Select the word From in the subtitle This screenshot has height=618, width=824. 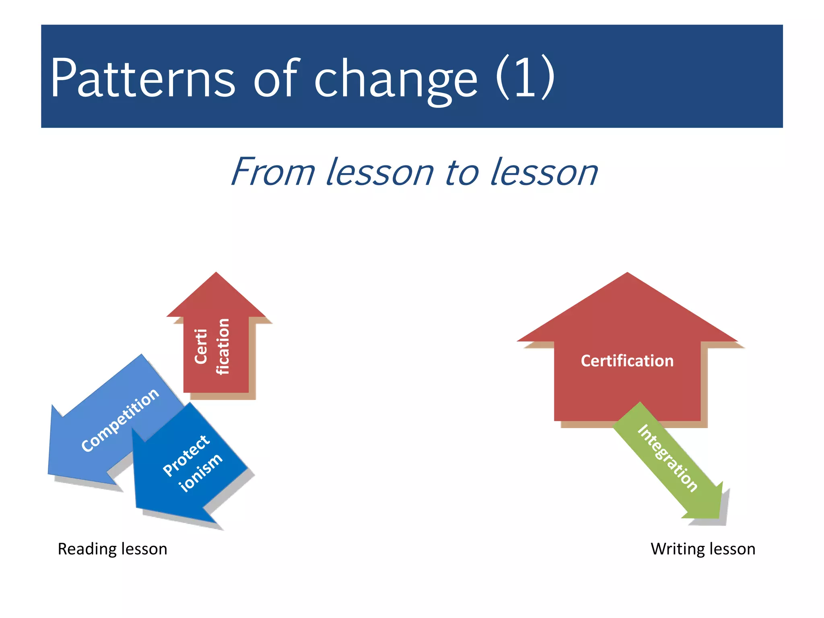point(273,172)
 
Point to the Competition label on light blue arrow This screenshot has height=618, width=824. point(120,420)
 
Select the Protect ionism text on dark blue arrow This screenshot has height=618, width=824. point(192,463)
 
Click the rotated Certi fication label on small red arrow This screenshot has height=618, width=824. point(212,346)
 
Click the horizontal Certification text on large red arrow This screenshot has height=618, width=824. point(627,361)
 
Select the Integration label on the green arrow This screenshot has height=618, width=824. point(667,458)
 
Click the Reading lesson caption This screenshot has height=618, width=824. point(112,549)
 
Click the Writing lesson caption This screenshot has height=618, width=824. point(702,549)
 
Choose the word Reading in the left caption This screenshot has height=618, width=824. point(84,549)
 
